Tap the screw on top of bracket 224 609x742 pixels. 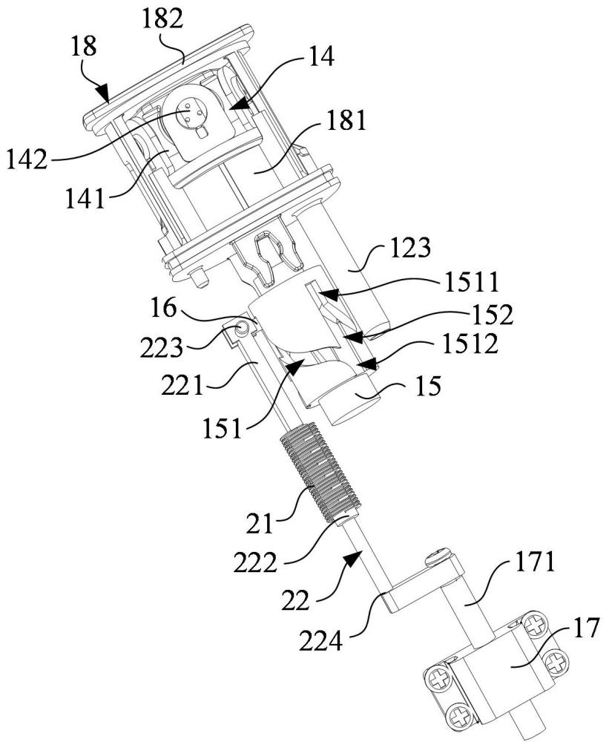438,554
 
